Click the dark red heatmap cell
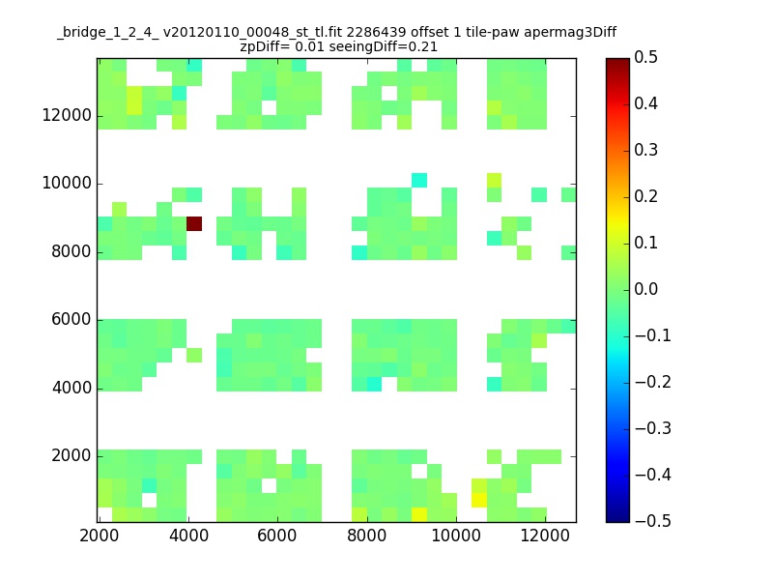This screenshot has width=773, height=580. pos(194,223)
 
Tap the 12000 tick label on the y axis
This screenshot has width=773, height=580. pos(67,115)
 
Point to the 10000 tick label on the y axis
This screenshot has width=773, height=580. pos(67,183)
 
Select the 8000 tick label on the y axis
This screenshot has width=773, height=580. pos(72,251)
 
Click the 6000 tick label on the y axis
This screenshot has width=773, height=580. pos(72,319)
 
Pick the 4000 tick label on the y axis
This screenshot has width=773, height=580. pos(72,388)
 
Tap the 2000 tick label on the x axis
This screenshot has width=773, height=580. pos(100,536)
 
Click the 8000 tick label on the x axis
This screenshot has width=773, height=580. pos(367,536)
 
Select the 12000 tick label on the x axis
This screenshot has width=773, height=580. pos(545,536)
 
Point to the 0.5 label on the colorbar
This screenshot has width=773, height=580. pos(645,57)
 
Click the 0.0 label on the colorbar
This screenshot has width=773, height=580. pos(645,289)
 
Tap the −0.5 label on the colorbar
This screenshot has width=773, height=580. pos(653,521)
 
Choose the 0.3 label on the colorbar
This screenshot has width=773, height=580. pos(645,150)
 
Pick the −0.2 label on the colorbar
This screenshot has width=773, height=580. pos(653,382)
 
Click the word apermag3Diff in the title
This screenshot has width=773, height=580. pos(570,33)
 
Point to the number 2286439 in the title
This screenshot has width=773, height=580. pos(377,32)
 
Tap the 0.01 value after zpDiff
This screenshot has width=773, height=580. pos(309,46)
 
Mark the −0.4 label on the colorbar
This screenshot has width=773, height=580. pos(653,475)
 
